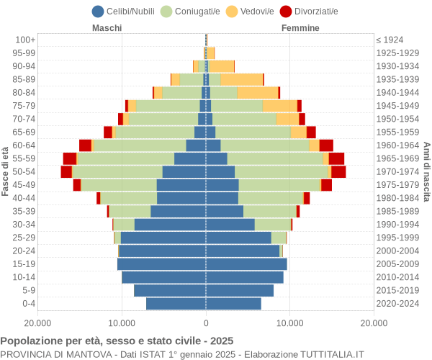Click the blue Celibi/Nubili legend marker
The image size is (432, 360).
pos(98,11)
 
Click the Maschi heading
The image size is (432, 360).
pos(107,28)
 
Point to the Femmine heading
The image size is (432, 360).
pos(301,28)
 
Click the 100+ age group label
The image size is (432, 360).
pos(25,40)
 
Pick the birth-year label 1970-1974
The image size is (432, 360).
pos(398,171)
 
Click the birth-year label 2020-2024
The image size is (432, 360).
pos(398,303)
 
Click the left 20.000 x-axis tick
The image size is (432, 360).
pos(38,324)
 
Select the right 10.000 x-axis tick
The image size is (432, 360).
pos(289,324)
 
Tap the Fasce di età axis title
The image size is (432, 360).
pos(6,171)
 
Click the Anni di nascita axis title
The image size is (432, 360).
pos(426,171)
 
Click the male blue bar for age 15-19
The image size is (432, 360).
pos(162,264)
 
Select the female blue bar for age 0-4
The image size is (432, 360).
pos(233,303)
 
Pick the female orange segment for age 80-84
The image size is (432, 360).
pos(258,92)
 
